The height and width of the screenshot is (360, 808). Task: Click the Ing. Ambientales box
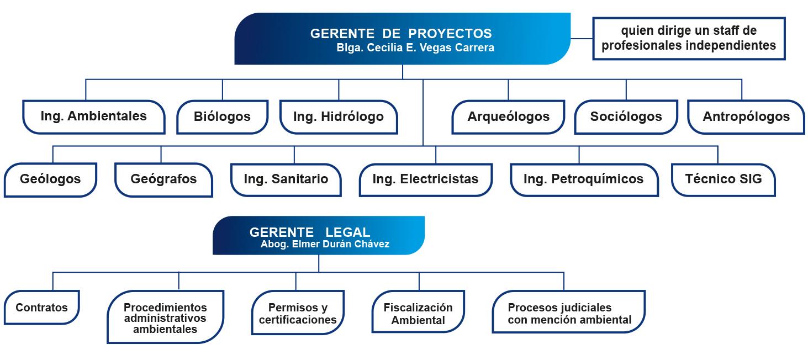94,117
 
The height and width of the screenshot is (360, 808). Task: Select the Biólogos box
222,117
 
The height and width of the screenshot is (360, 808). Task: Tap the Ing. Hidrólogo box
339,117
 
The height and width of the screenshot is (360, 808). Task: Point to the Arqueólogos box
508,117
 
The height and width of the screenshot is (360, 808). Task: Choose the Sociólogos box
626,117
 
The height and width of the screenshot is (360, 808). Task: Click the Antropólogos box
746,117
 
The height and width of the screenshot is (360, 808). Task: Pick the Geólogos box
50,180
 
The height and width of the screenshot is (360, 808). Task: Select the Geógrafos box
164,180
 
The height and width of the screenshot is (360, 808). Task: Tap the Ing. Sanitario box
286,180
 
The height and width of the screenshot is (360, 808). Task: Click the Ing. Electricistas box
426,180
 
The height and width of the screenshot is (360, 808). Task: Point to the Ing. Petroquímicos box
584,180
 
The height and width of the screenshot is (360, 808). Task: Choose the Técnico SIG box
723,180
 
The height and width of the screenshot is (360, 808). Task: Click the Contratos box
42,308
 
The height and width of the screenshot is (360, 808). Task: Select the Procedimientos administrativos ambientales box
166,317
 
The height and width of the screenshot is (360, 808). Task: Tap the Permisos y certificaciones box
298,313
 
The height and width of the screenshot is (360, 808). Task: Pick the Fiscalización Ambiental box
419,311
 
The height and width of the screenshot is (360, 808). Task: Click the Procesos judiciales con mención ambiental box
569,311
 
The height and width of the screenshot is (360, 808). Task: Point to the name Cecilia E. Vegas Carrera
431,47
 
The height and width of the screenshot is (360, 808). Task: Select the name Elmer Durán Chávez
341,244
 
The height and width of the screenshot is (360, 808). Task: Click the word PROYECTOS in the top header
450,34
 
